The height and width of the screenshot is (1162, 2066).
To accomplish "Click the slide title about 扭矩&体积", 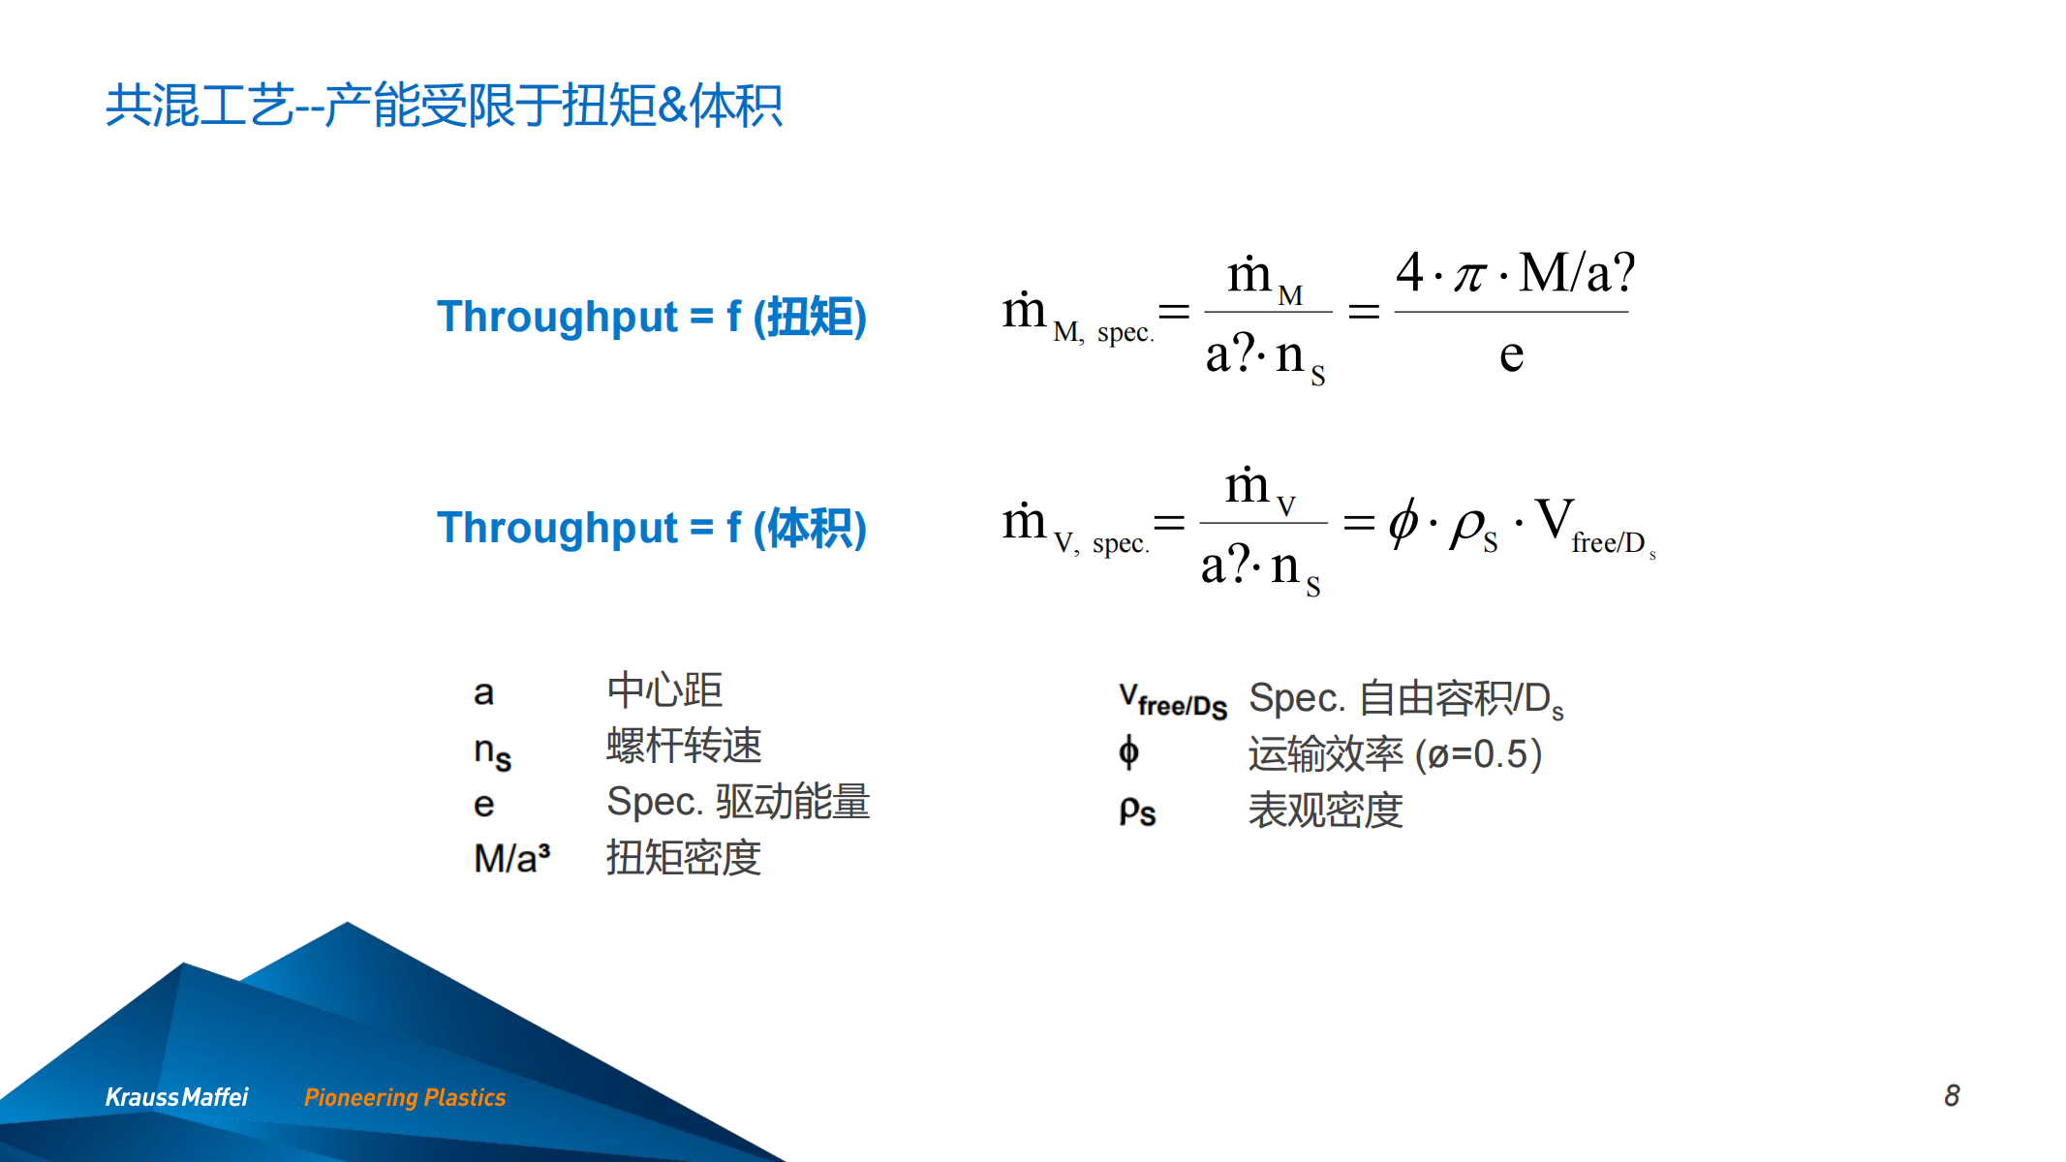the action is click(444, 106).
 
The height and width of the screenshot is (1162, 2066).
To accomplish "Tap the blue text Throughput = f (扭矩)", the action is click(652, 317).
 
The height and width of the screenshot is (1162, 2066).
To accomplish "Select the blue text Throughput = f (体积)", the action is click(652, 528).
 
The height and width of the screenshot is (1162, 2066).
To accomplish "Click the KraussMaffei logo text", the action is click(176, 1097).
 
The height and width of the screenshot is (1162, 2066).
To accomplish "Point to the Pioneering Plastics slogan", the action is click(405, 1097).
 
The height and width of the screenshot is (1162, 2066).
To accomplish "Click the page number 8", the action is click(1952, 1095).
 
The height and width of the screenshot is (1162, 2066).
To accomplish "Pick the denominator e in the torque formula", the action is click(1511, 354).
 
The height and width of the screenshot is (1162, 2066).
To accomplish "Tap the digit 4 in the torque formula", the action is click(1410, 271).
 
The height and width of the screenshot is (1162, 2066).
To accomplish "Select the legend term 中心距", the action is click(664, 690).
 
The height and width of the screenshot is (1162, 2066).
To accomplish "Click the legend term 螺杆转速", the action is click(684, 746).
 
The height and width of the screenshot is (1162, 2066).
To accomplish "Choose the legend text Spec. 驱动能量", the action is click(738, 802).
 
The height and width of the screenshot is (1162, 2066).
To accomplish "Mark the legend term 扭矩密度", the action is click(684, 858).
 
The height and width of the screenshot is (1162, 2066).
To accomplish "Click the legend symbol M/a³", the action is click(512, 858).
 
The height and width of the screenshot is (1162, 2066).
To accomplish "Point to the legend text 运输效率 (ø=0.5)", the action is click(1395, 754).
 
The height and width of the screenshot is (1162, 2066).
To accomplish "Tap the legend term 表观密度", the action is click(1325, 810).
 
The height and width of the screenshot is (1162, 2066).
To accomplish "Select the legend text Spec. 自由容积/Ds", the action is click(1406, 699).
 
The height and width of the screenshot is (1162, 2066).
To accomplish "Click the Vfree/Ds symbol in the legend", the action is click(1173, 700).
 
